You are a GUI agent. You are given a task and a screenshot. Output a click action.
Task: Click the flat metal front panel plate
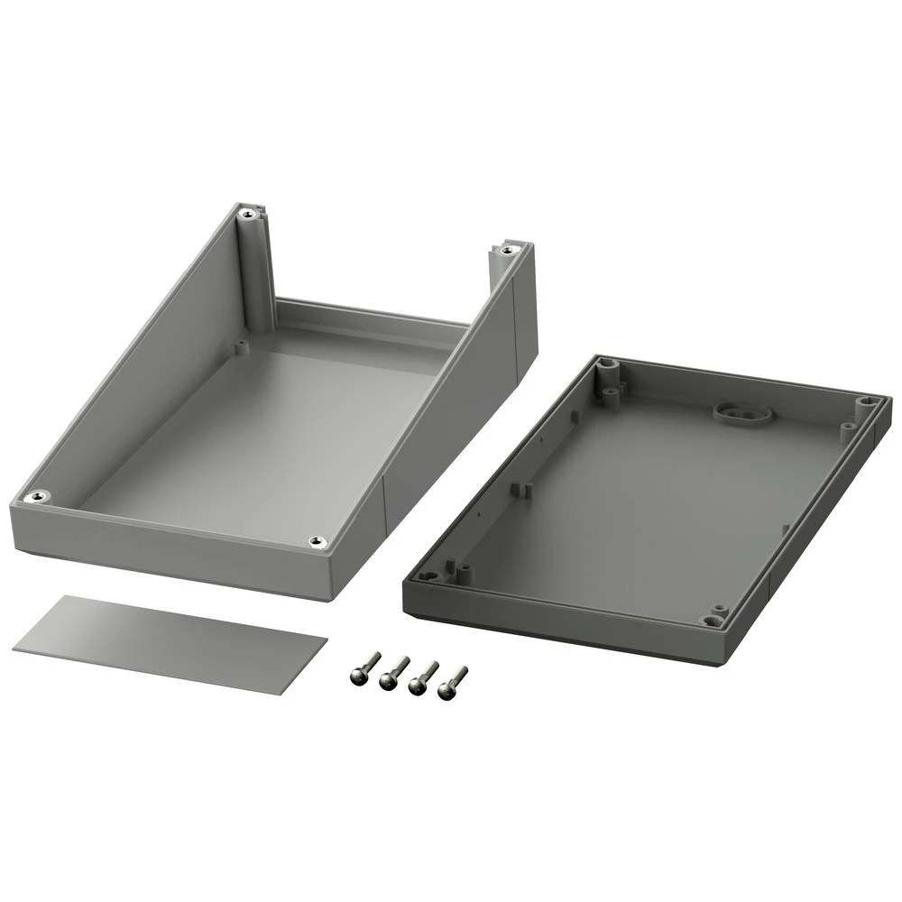(170, 643)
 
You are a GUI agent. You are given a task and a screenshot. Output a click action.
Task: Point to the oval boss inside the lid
(742, 413)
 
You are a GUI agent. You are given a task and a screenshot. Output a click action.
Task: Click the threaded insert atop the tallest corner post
(247, 215)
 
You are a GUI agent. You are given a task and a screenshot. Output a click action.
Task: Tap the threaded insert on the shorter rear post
(508, 249)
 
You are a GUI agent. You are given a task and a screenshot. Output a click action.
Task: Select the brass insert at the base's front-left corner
(37, 496)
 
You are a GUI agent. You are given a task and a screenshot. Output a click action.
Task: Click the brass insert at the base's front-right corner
(316, 541)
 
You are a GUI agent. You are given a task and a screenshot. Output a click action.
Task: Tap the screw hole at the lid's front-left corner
(430, 575)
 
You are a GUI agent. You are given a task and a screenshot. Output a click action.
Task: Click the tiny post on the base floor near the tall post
(241, 345)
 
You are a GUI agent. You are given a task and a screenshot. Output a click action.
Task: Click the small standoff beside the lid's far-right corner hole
(848, 429)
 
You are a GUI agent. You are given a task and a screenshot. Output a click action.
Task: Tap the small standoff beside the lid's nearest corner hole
(719, 609)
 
